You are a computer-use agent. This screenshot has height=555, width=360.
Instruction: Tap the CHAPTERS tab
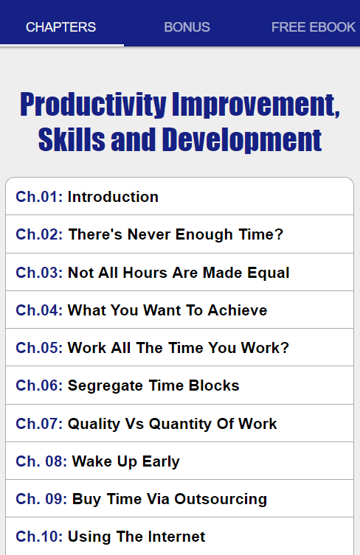click(61, 27)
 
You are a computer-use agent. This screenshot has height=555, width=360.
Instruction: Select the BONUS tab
click(187, 27)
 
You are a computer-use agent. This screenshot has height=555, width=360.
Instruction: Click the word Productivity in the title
click(93, 105)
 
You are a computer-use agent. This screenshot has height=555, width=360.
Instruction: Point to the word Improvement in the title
click(256, 105)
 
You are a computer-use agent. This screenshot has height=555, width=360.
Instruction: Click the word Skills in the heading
click(72, 139)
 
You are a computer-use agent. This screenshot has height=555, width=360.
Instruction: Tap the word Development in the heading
click(242, 140)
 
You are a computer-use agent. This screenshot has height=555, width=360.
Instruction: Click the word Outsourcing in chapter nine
click(221, 499)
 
